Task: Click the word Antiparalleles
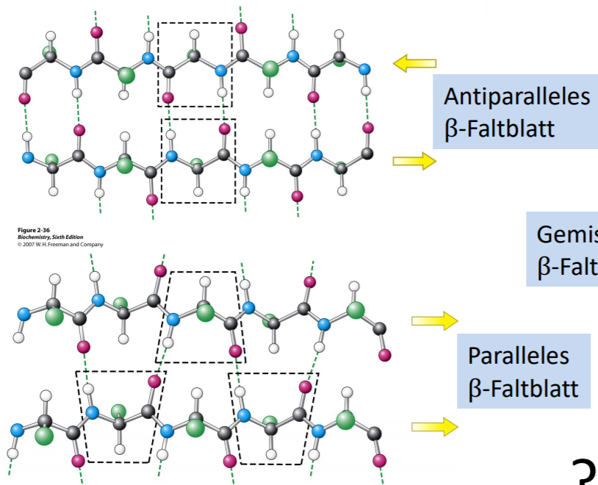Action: (517, 97)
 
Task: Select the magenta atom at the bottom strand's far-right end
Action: (378, 461)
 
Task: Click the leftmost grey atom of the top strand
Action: (25, 73)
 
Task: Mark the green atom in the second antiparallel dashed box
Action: (196, 165)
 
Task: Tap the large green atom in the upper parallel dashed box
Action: (206, 314)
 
